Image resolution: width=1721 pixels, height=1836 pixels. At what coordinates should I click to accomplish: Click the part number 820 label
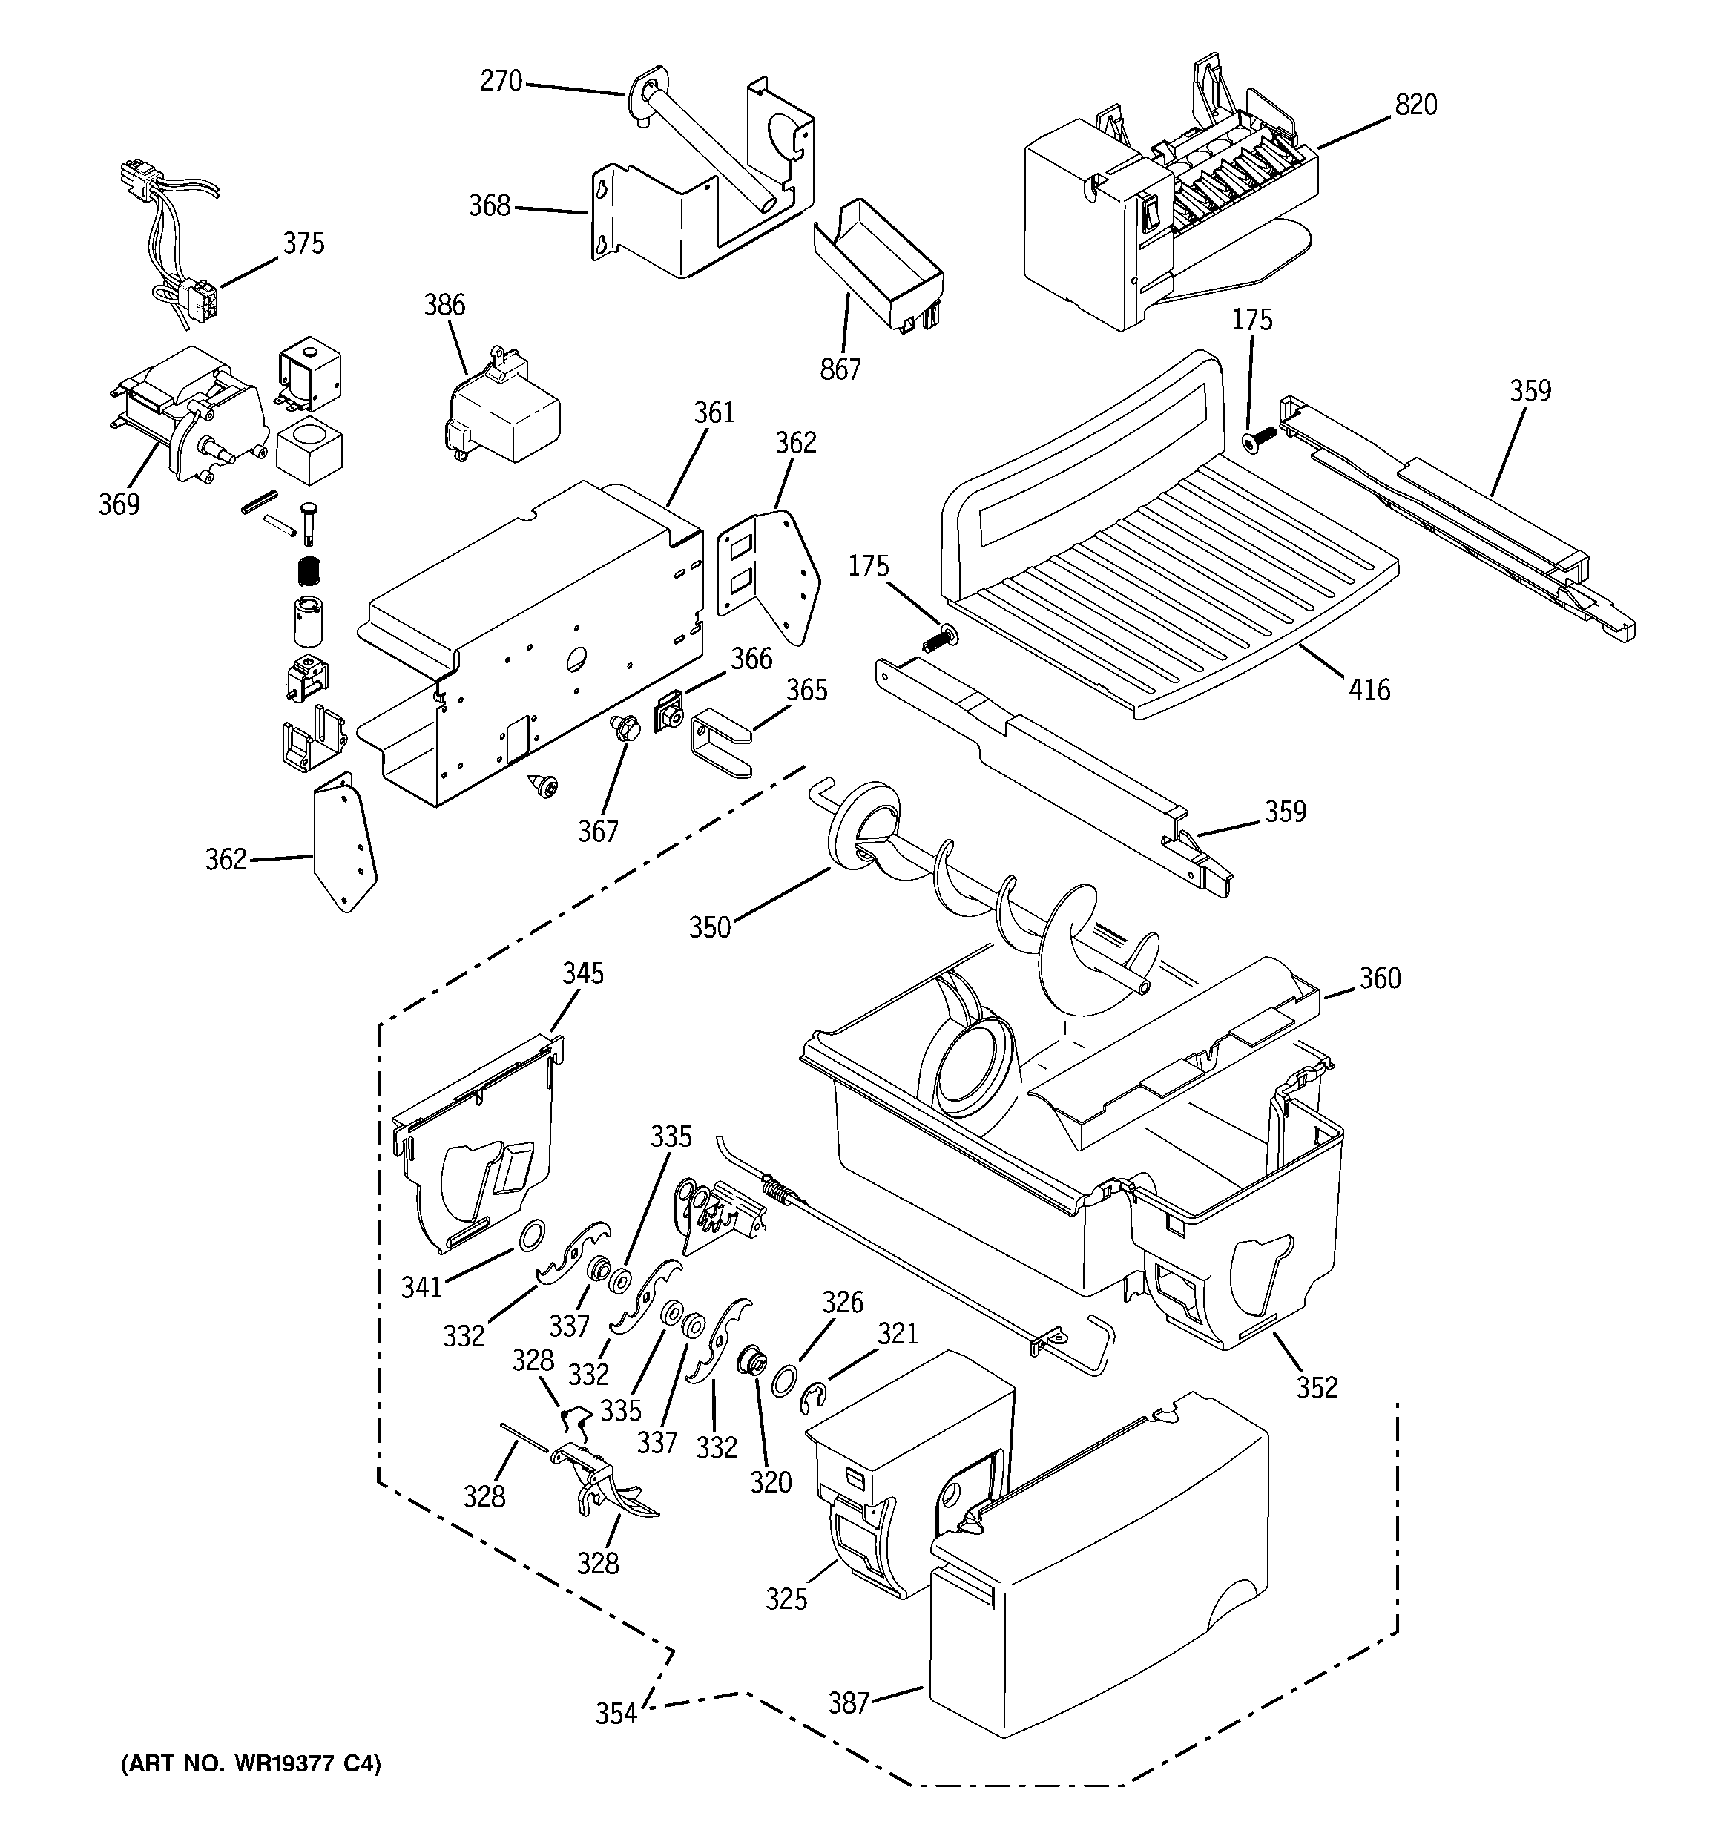(1415, 105)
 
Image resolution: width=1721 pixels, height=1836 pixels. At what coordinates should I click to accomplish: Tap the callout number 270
(501, 82)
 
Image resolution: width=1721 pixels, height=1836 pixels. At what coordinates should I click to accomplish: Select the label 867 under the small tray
(840, 369)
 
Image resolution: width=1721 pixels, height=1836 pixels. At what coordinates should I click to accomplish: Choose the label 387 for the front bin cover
(848, 1702)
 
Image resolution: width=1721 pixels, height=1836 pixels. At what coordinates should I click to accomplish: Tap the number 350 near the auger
(709, 927)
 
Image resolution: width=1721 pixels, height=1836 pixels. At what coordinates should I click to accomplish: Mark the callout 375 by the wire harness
(303, 244)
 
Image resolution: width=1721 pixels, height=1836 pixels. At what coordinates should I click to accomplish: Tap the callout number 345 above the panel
(583, 973)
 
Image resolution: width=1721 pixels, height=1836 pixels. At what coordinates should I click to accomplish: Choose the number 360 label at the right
(1379, 978)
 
